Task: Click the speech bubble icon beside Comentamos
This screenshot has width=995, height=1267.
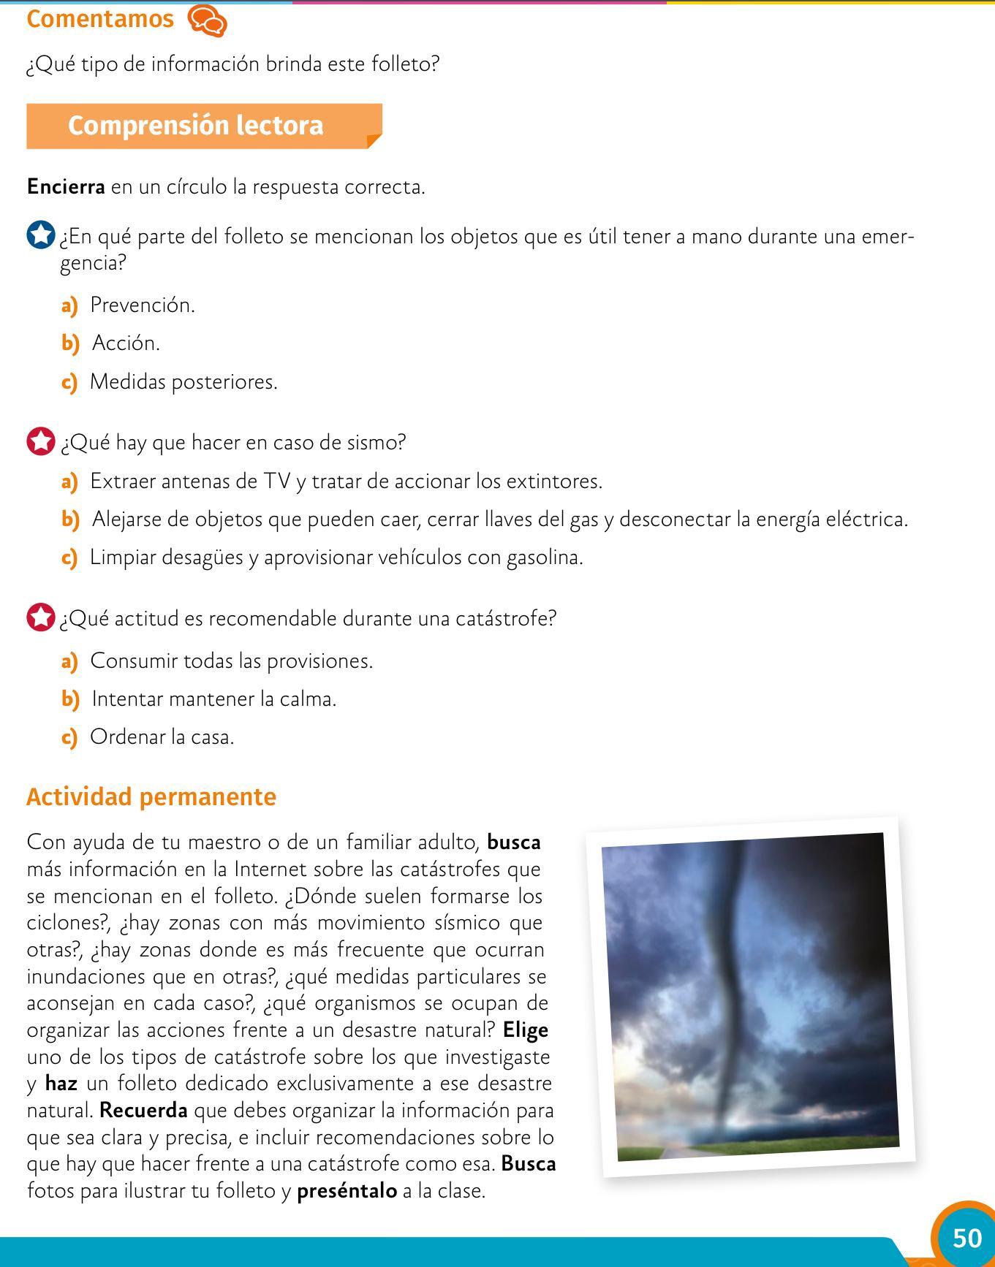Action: pos(208,20)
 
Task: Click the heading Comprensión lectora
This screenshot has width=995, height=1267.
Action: pos(196,126)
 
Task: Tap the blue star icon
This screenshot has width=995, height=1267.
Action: pos(41,236)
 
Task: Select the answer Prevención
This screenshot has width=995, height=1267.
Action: pos(143,305)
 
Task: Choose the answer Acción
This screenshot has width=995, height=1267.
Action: pos(126,343)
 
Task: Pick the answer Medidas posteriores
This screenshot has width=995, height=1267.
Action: pos(184,382)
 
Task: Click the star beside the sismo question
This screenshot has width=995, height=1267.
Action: pos(41,442)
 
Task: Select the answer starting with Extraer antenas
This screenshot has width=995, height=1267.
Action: pos(346,482)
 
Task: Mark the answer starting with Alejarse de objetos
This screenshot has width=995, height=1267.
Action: pos(499,520)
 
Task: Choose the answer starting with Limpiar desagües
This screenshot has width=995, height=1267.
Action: pos(336,558)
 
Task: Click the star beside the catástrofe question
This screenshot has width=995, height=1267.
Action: pos(41,618)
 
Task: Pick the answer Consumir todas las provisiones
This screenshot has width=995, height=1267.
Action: pos(231,661)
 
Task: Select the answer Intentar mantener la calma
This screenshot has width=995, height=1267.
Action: pos(214,699)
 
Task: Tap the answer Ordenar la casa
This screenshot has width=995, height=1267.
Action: pos(162,737)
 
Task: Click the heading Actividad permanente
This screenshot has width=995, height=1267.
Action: pos(151,796)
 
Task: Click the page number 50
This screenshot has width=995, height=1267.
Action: pos(966,1238)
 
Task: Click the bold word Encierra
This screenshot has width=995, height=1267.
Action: pos(66,187)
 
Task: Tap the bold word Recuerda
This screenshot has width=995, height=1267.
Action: pos(143,1111)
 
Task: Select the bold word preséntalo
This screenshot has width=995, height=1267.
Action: pos(347,1191)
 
